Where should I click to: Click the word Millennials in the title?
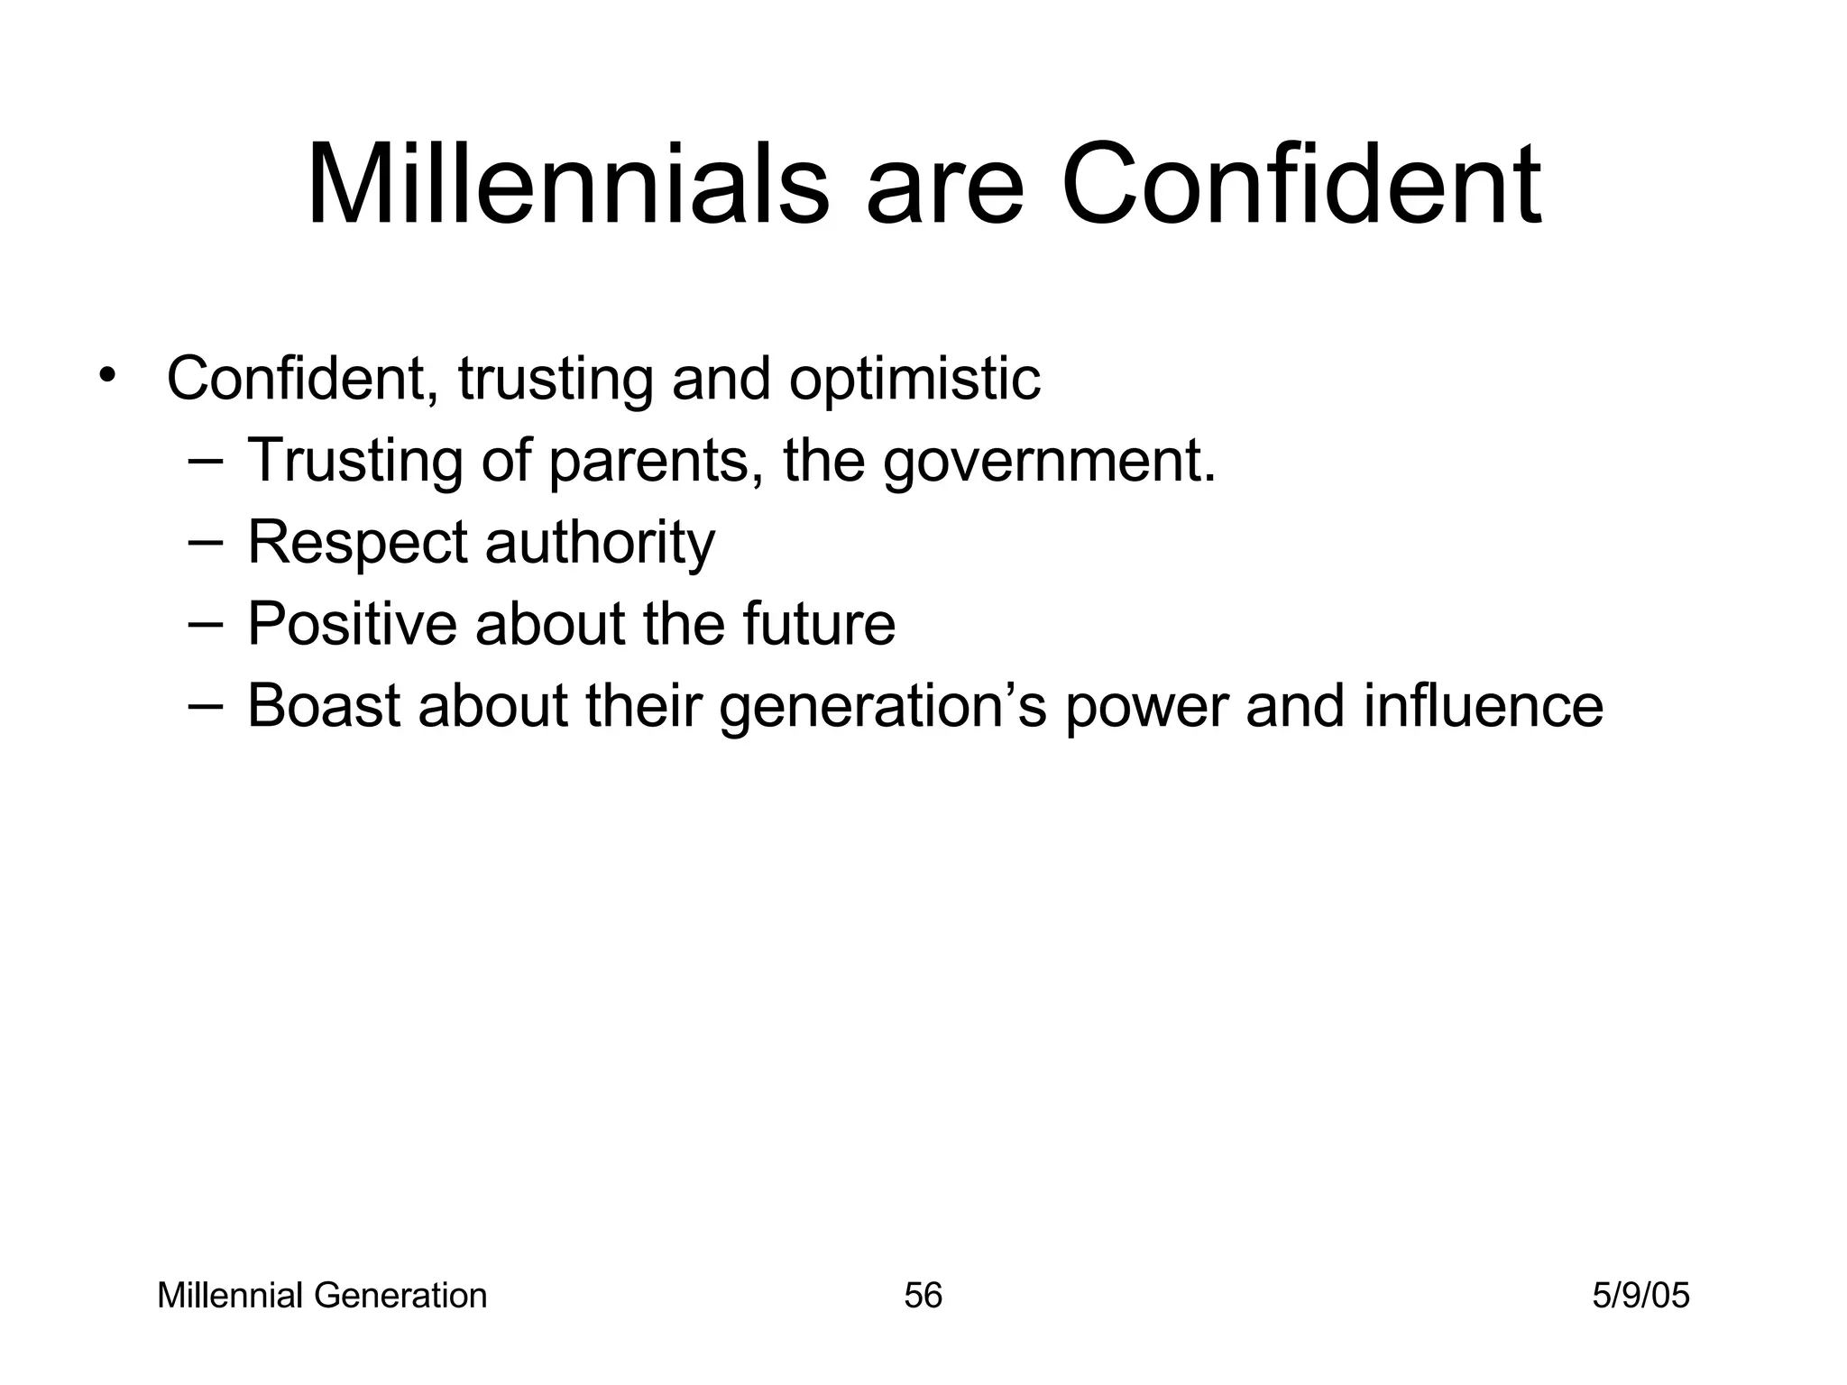coord(567,186)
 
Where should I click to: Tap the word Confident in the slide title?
coord(1300,186)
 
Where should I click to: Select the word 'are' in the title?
coord(944,194)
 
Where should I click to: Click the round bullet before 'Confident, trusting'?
coord(108,375)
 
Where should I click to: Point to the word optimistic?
coord(914,380)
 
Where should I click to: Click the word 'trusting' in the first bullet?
coord(555,380)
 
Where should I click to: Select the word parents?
coord(648,462)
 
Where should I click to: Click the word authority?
coord(600,544)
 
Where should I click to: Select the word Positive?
coord(352,624)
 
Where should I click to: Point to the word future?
coord(818,624)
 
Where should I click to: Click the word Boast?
coord(324,706)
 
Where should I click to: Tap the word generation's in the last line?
coord(882,708)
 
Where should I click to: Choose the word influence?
coord(1483,706)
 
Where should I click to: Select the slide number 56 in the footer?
coord(923,1296)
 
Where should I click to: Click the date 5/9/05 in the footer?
coord(1640,1296)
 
